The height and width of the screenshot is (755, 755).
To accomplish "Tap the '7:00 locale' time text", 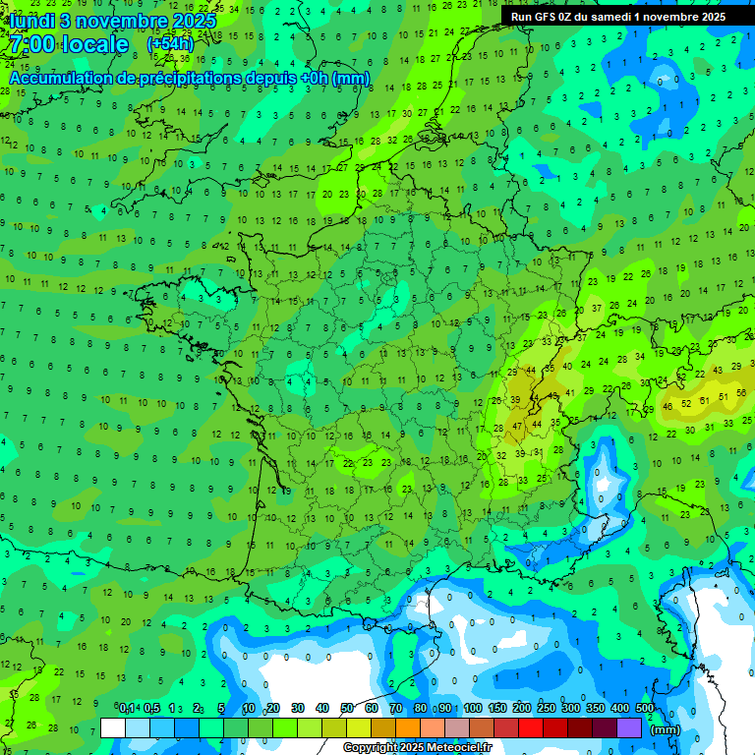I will (x=67, y=44).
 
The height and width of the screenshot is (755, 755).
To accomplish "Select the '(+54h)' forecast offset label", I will (x=170, y=44).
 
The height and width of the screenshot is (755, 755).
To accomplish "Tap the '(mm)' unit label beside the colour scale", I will (x=666, y=729).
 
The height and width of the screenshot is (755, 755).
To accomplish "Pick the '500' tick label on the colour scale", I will (x=644, y=708).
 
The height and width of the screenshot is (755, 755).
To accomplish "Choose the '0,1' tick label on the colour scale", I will (x=127, y=708).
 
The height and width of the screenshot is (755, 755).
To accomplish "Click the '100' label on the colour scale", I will (x=472, y=708).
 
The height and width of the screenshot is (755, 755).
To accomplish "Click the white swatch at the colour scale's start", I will (x=113, y=727).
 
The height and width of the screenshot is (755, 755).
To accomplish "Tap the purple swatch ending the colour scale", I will (x=630, y=727).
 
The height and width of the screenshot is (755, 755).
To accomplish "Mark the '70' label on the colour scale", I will (x=395, y=708).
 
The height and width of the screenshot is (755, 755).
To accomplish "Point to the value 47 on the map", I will (x=517, y=427).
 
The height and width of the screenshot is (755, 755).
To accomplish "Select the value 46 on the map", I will (x=668, y=406).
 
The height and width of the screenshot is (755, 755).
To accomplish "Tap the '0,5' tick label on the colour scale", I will (x=151, y=708).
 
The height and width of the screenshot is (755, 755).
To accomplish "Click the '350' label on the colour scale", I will (x=595, y=708).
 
